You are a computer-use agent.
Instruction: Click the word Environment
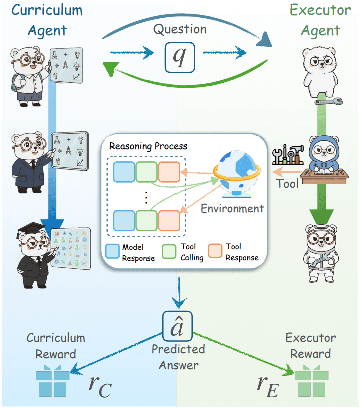pos(232,208)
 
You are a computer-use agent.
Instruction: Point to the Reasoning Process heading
pos(148,146)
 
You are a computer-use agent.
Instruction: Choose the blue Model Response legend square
pos(113,248)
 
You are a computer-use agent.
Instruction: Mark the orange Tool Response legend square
pos(217,248)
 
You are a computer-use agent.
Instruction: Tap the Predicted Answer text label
pos(179,357)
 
